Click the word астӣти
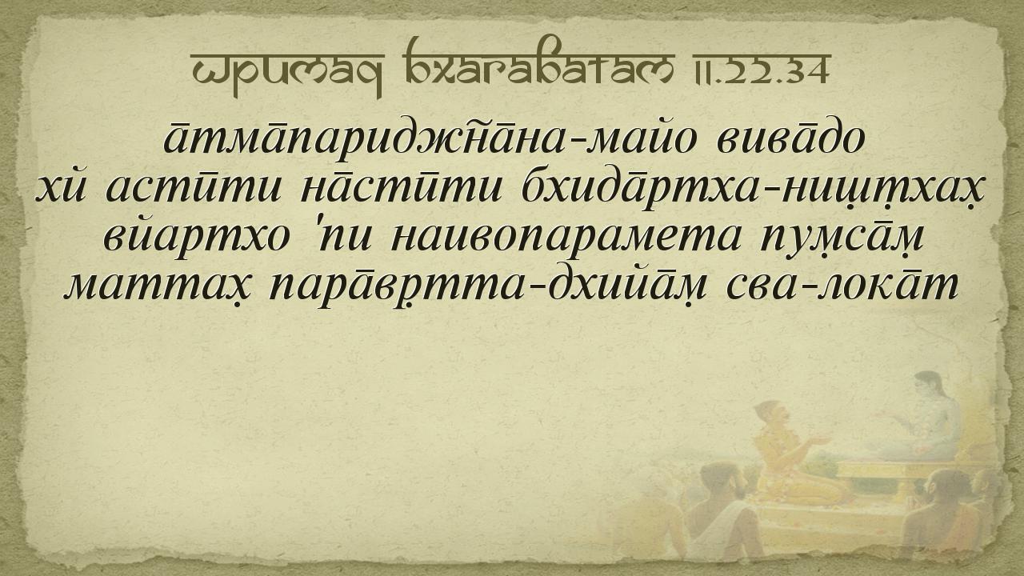click(194, 190)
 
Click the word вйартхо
click(197, 237)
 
